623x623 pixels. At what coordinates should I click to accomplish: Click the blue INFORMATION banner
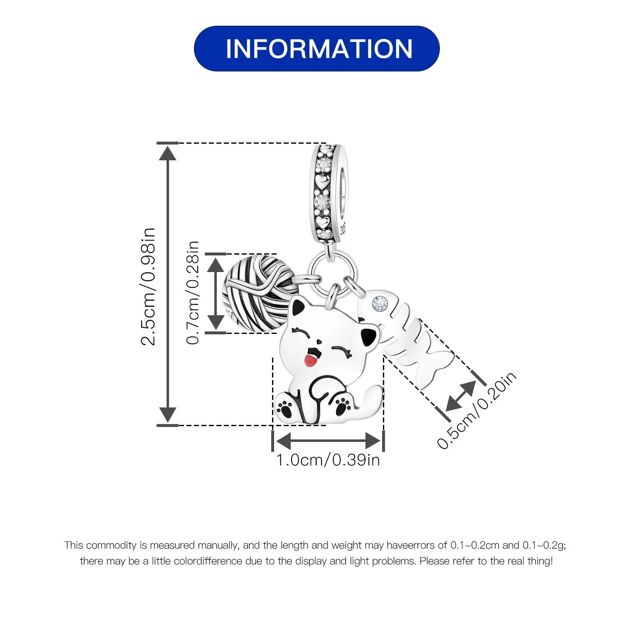[316, 49]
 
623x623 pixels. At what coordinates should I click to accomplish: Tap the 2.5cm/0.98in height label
[148, 286]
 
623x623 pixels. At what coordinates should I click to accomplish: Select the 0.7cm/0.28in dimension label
[193, 292]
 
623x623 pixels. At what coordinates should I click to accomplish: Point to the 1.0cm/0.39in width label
[328, 460]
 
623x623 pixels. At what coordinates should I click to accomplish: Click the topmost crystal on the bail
[323, 165]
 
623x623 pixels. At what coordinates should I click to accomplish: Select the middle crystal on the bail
[322, 202]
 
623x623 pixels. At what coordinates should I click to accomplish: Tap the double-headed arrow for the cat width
[328, 439]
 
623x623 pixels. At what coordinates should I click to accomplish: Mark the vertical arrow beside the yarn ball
[216, 293]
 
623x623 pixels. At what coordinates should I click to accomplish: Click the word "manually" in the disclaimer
[218, 545]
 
